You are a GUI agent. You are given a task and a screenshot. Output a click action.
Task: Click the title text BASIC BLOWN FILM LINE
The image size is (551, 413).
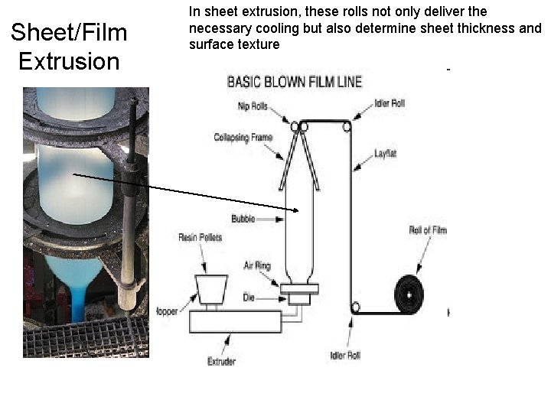[x=294, y=81]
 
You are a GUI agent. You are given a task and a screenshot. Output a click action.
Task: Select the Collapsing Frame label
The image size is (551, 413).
[x=243, y=138]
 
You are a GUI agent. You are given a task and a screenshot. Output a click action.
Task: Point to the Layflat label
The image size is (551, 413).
[x=386, y=153]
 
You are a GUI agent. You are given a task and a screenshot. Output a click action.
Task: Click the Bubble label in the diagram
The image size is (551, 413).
[x=243, y=219]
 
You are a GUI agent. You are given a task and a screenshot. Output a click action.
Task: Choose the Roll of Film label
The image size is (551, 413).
[x=427, y=230]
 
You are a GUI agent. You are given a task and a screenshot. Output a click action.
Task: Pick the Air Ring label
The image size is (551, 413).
[x=257, y=265]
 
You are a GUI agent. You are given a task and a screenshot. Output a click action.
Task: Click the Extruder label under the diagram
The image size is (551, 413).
[x=221, y=361]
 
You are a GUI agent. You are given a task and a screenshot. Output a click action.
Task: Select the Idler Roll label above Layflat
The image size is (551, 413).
[x=390, y=103]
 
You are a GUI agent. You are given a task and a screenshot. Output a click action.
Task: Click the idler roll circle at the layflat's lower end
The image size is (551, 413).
[x=354, y=307]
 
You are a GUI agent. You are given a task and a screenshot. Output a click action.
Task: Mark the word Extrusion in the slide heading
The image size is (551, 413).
[x=69, y=61]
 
